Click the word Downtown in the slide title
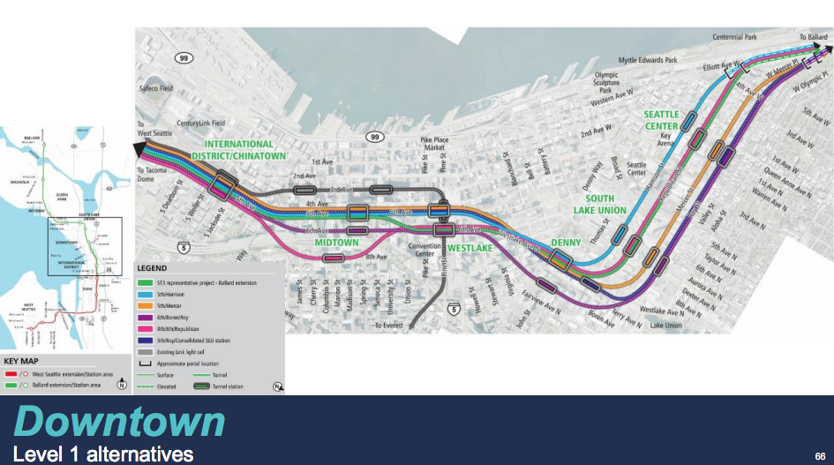[x=120, y=423]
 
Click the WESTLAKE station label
[x=469, y=248]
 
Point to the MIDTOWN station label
[x=337, y=243]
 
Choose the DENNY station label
[x=567, y=241]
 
